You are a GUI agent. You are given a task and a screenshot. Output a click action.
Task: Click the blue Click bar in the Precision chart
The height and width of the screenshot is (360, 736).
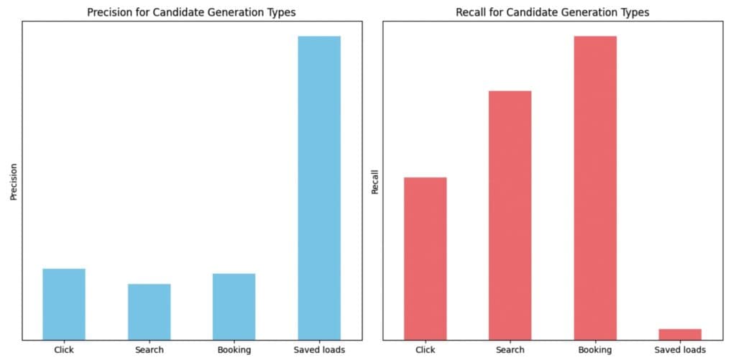(x=64, y=304)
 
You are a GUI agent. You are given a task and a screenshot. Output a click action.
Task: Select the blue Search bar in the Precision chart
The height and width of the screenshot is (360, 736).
(x=149, y=312)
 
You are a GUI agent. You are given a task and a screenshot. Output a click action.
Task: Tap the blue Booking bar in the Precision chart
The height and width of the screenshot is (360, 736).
(x=234, y=307)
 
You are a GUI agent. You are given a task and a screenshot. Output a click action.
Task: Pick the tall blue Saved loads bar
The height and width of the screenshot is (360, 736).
(x=319, y=188)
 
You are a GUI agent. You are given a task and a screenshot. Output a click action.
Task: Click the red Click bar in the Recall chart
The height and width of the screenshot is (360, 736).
(x=425, y=259)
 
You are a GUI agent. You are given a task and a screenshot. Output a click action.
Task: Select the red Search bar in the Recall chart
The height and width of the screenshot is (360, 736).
(x=510, y=216)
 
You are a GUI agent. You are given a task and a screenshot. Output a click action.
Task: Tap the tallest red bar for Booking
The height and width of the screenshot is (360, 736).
(x=595, y=188)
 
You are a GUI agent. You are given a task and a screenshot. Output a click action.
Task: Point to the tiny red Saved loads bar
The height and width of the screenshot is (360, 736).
(x=680, y=334)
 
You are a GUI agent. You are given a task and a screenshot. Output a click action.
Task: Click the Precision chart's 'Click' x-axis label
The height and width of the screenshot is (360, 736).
(x=64, y=350)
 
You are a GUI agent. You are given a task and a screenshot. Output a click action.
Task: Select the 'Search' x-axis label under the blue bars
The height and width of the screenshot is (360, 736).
(x=149, y=350)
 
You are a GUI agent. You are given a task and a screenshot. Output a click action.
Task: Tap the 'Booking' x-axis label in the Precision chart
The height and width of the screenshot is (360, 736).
(x=234, y=350)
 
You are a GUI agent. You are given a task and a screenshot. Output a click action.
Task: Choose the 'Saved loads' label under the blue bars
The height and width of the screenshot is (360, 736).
(x=319, y=350)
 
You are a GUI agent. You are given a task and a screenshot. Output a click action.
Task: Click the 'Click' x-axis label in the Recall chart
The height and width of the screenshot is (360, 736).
(x=425, y=350)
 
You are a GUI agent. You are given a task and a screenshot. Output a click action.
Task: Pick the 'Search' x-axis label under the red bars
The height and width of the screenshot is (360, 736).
(x=510, y=350)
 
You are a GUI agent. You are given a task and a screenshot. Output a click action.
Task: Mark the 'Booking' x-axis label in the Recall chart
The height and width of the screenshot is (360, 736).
(x=595, y=350)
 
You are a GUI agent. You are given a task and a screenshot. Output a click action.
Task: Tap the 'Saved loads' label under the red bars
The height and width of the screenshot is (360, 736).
(x=680, y=350)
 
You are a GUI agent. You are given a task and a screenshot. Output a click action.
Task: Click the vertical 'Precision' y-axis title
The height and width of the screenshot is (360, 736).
(x=13, y=182)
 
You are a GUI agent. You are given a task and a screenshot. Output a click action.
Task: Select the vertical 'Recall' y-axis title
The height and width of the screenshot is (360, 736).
(x=374, y=182)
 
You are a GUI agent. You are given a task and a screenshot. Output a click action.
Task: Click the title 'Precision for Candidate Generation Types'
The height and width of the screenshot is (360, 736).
(x=190, y=12)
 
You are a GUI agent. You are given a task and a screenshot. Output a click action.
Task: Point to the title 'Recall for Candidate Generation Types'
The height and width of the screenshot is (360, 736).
(x=552, y=12)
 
